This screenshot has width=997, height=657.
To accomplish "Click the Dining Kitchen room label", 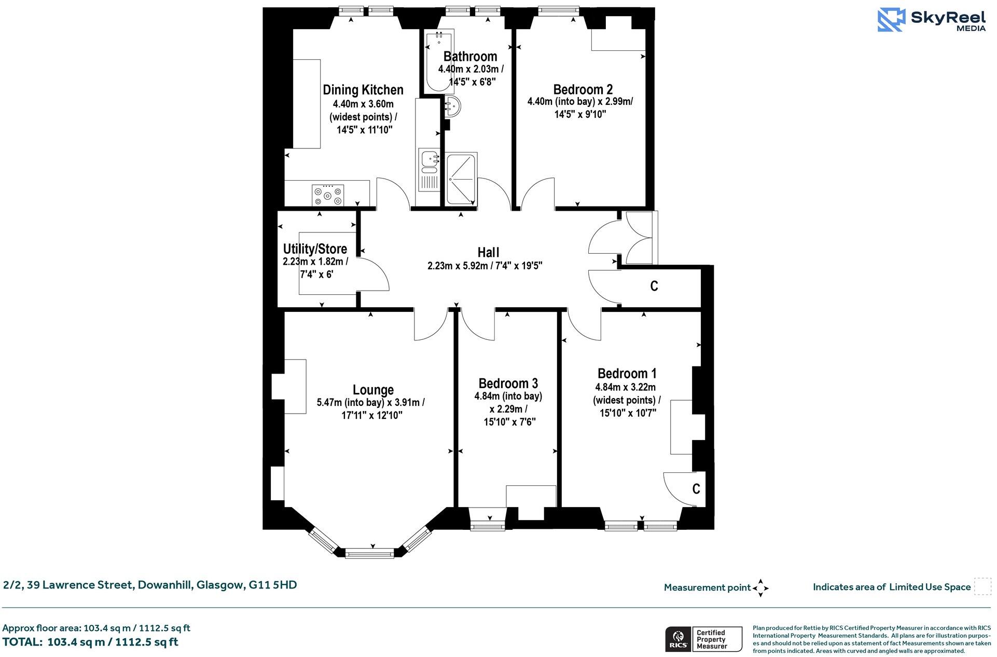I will (363, 90).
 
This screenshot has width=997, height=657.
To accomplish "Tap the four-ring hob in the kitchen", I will (327, 196).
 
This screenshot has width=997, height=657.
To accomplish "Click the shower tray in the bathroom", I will (461, 179).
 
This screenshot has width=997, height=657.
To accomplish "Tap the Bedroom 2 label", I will (583, 89).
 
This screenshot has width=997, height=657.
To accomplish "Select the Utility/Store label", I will (314, 249).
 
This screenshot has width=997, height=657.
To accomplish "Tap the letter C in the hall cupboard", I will (654, 286).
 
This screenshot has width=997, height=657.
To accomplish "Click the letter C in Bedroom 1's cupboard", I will (696, 489).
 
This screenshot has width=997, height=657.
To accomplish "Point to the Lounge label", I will (373, 390).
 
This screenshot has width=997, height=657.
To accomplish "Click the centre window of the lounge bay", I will (370, 554).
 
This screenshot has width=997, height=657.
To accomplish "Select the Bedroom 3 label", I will (508, 384).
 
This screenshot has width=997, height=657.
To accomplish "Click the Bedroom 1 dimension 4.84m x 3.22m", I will (625, 387).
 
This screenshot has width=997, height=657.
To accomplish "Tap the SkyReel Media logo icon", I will (891, 20).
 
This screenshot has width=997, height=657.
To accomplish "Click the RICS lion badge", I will (677, 639).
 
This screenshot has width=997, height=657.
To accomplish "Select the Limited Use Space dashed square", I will (982, 587).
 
